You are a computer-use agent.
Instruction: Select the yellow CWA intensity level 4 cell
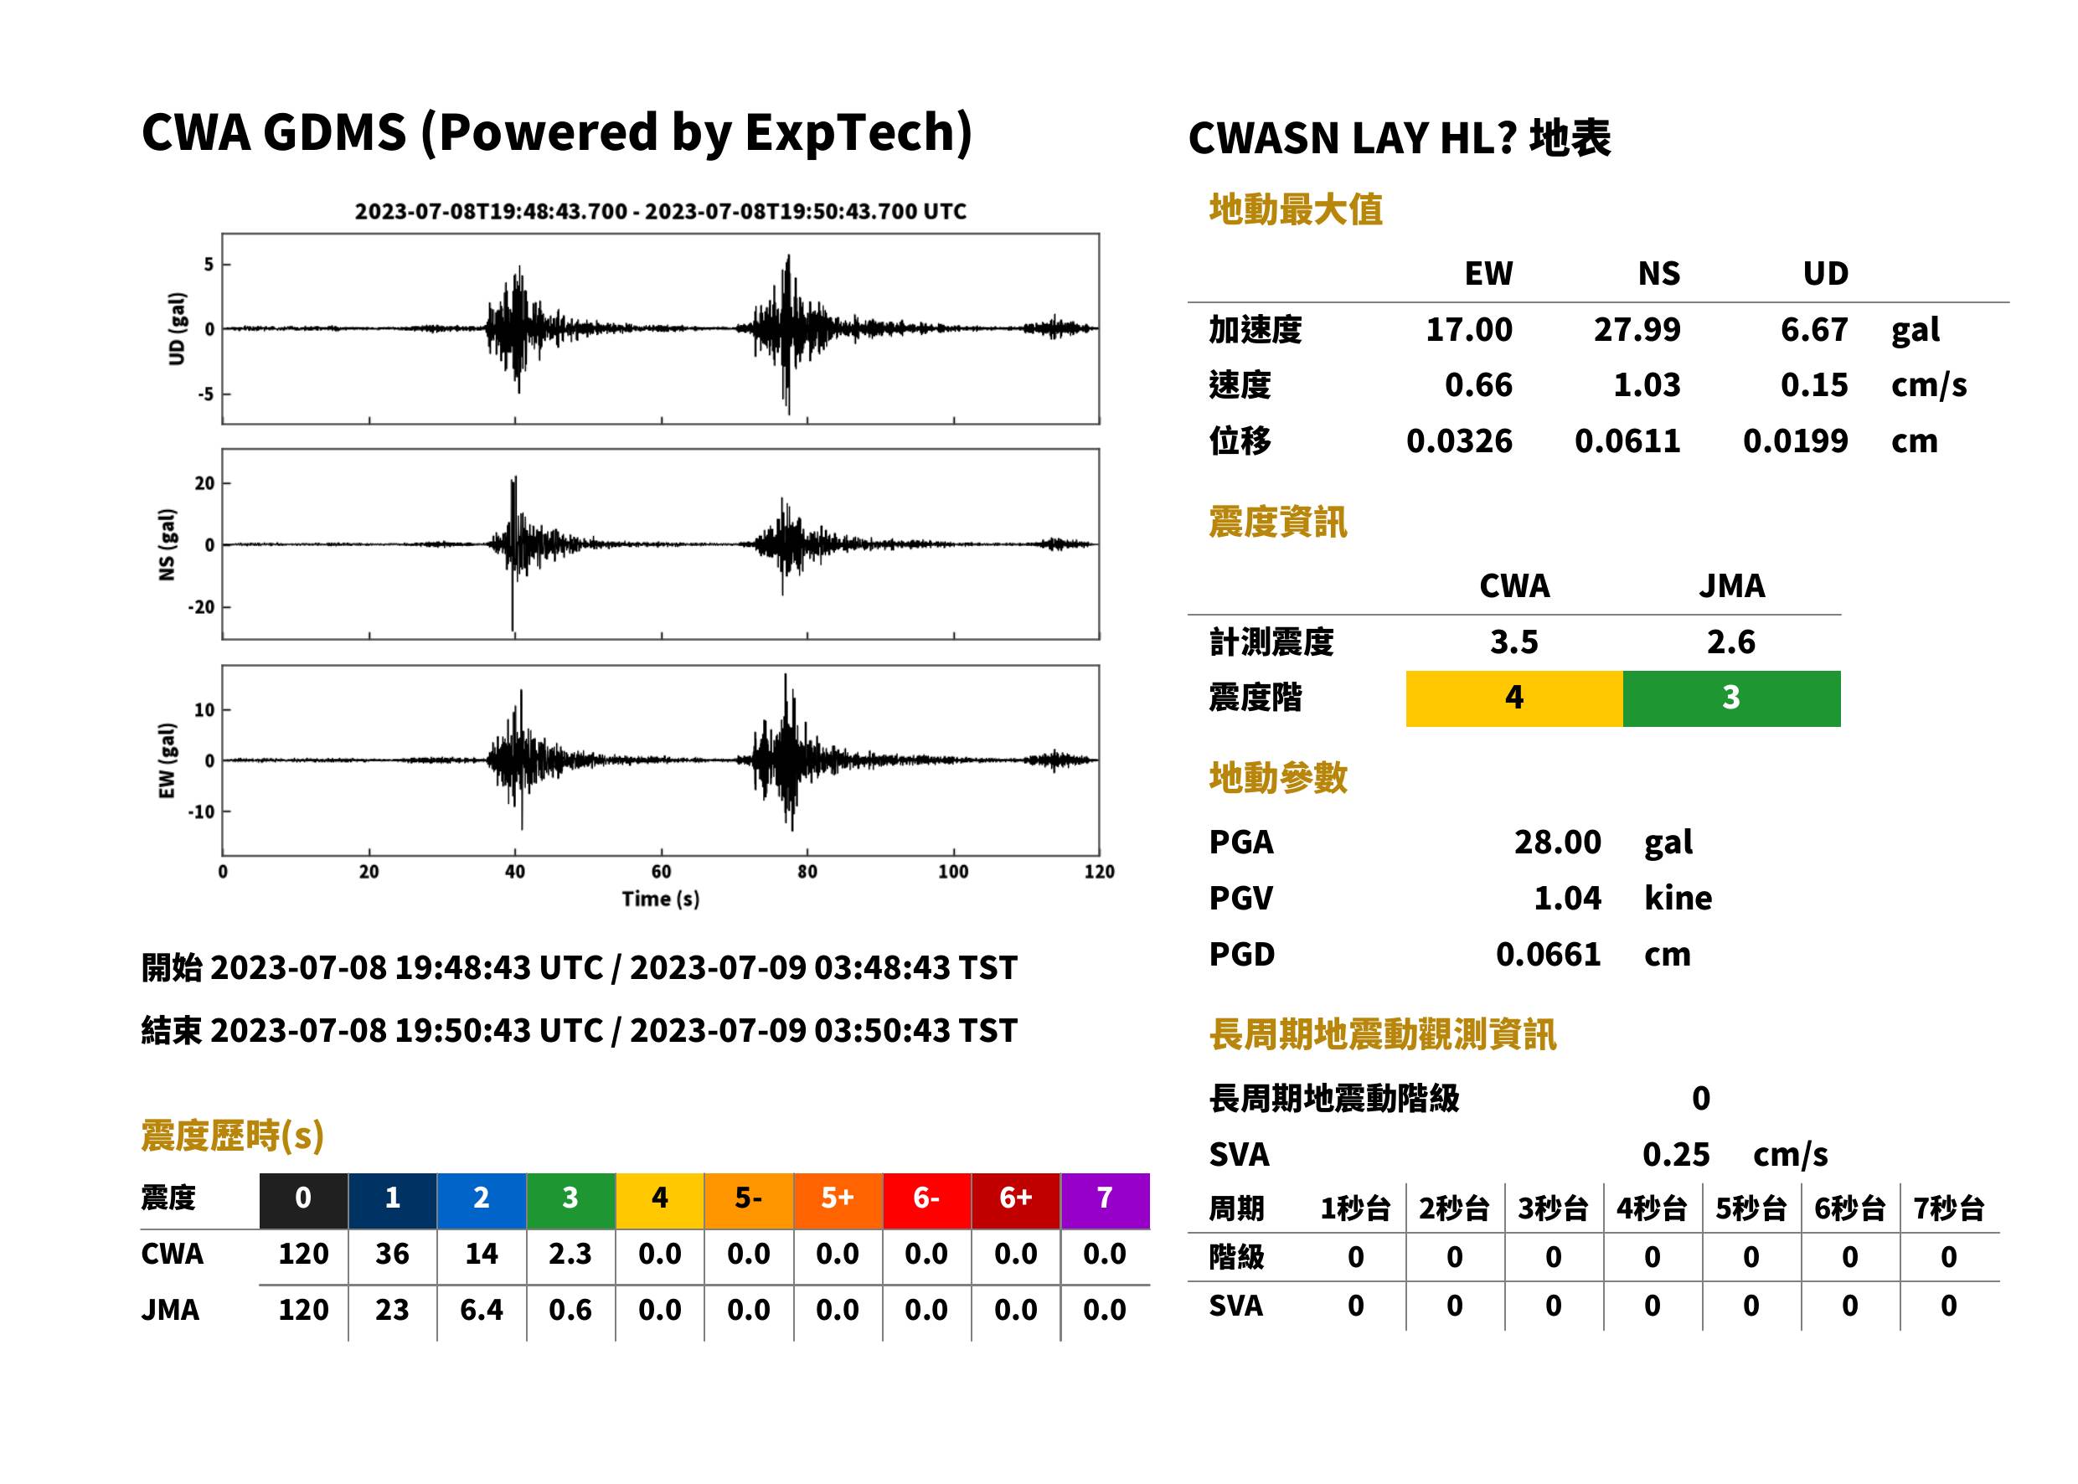point(1513,698)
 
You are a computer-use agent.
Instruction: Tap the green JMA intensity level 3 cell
point(1732,698)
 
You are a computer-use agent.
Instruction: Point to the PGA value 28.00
point(1557,842)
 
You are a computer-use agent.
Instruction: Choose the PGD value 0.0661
point(1548,954)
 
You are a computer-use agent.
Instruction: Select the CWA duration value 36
point(392,1253)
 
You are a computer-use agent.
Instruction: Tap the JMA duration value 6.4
point(482,1310)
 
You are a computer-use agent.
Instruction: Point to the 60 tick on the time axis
point(661,871)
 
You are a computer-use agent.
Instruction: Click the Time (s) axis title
point(661,899)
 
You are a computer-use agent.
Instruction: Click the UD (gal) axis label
point(178,329)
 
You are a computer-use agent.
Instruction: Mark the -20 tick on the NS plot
point(201,607)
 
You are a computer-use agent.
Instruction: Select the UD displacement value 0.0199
point(1795,441)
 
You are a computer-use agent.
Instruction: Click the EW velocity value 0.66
point(1477,384)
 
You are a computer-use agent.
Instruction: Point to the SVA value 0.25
point(1676,1154)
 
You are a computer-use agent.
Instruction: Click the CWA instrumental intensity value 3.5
point(1514,642)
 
